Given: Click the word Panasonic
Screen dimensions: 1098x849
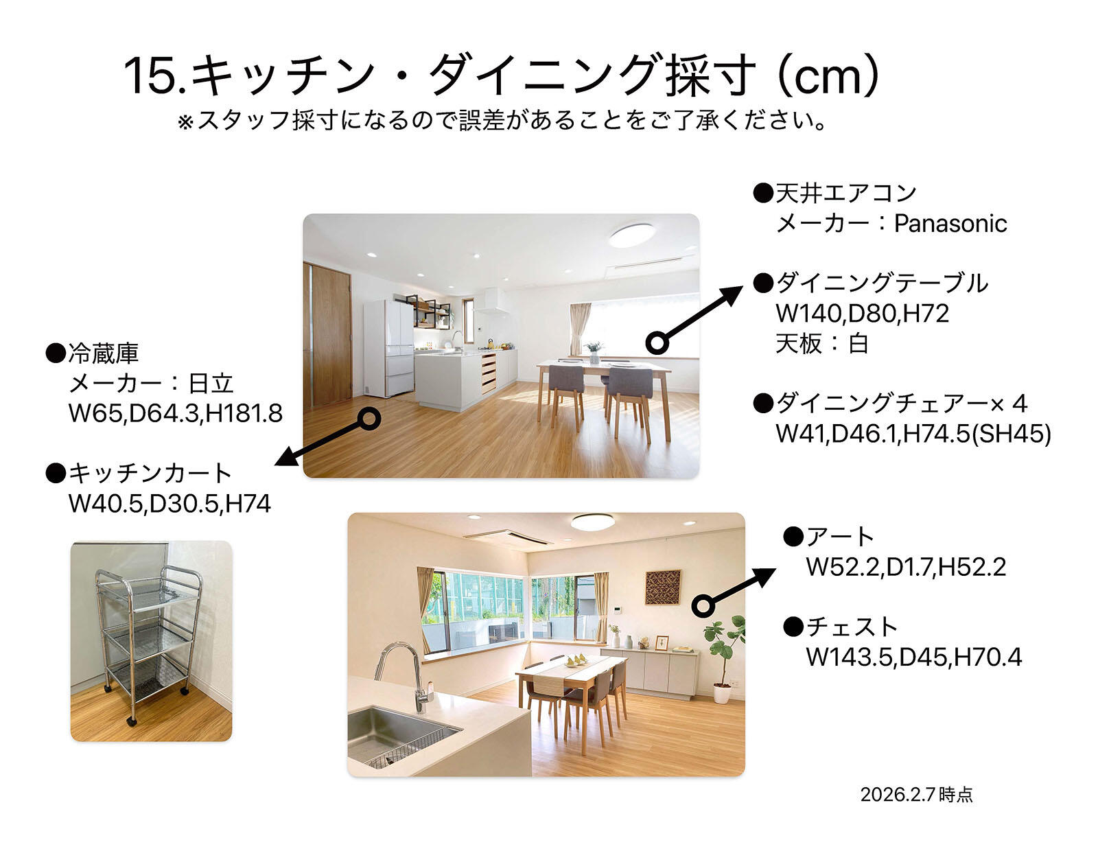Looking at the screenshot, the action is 950,224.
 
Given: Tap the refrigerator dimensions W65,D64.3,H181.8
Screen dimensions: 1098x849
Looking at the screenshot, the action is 175,413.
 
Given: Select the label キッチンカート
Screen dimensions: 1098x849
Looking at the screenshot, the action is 150,474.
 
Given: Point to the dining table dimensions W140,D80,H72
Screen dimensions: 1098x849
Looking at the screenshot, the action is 862,314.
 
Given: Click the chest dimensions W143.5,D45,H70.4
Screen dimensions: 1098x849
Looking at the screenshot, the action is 913,658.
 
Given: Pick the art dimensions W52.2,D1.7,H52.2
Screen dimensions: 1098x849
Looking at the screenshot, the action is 906,567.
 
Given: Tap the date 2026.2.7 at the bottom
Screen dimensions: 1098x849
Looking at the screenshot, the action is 899,795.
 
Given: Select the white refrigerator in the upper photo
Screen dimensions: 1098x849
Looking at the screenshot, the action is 389,348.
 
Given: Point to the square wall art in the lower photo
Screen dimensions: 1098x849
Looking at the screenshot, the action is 663,587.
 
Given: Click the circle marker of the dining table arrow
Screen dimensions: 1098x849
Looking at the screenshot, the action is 657,343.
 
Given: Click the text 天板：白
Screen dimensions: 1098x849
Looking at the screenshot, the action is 822,344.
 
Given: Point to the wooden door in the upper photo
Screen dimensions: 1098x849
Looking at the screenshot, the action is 331,334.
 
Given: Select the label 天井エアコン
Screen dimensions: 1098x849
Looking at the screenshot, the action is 846,193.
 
